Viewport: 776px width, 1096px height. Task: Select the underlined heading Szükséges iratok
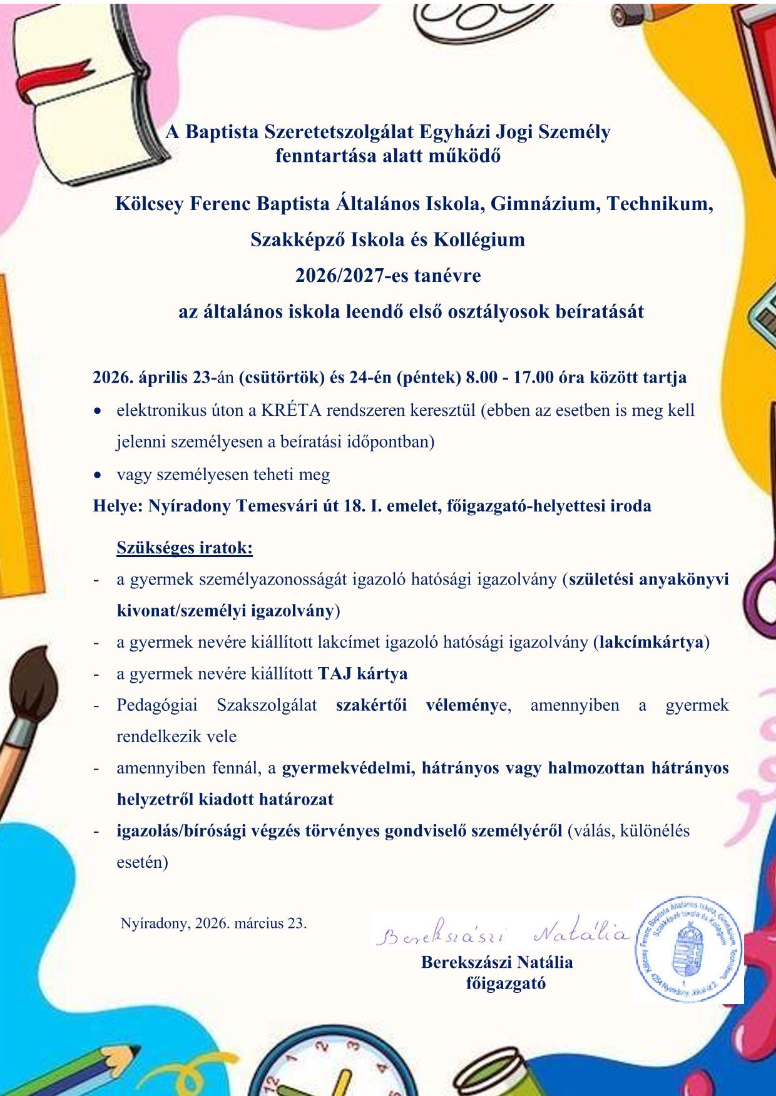click(185, 548)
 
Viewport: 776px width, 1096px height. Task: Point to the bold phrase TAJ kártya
click(362, 673)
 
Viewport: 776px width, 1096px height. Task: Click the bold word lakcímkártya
click(651, 642)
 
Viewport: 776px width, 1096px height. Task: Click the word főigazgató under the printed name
click(506, 983)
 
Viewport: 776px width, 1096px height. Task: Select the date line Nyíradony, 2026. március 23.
click(213, 923)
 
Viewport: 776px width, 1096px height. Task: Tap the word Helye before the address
click(117, 506)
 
